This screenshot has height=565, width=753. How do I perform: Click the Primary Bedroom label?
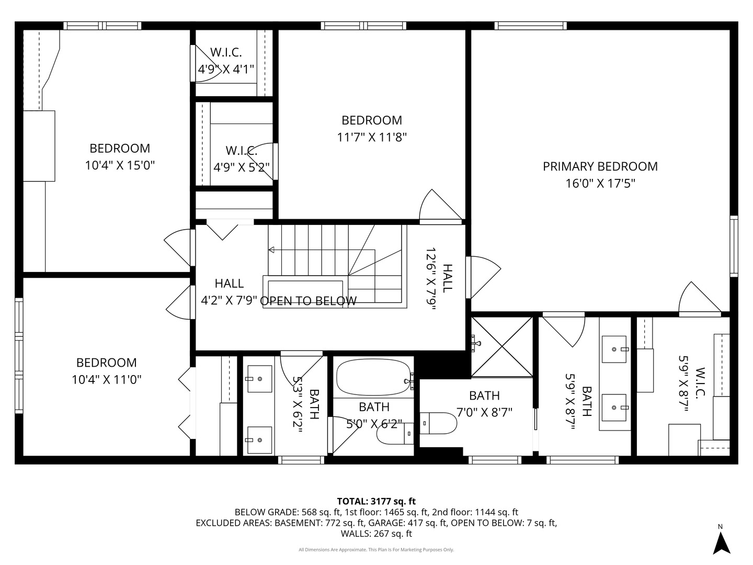(x=600, y=166)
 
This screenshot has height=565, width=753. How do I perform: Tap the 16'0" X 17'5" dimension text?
(x=600, y=184)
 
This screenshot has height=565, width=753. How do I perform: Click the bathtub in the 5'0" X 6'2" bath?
(x=373, y=377)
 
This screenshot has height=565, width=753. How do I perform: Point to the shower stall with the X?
(x=502, y=346)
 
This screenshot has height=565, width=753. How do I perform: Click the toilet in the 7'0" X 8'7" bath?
(x=438, y=424)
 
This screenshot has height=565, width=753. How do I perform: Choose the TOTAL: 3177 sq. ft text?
(x=376, y=501)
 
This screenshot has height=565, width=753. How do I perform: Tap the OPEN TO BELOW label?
(x=309, y=301)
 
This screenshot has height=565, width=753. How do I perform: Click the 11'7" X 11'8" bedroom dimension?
(x=372, y=137)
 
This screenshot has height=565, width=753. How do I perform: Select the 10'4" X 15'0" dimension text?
(x=120, y=165)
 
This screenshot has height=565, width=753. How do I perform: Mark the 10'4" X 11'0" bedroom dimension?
(x=107, y=380)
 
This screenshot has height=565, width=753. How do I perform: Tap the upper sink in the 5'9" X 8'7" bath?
(x=614, y=349)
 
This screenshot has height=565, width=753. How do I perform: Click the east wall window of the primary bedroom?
(x=734, y=246)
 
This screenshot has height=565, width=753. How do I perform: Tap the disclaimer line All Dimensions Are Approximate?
(x=376, y=550)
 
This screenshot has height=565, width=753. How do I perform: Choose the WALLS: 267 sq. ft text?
(x=376, y=534)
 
